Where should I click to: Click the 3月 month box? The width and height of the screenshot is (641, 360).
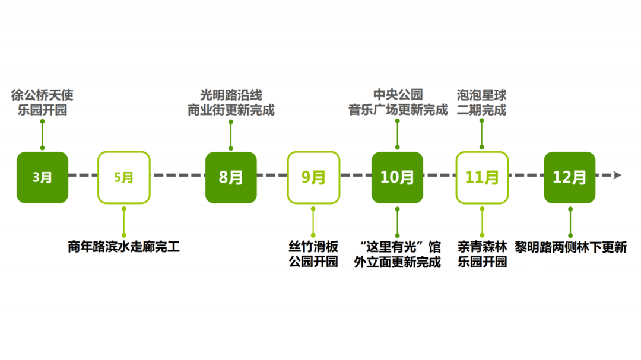42,177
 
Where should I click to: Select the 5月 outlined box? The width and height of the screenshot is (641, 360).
124,177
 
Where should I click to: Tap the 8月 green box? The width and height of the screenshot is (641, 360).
231,177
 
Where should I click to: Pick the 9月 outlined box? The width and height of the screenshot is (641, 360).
313,177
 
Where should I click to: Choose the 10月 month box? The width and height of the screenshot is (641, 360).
397,177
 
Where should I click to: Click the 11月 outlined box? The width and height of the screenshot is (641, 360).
482,177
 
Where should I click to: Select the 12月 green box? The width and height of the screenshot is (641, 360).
570,177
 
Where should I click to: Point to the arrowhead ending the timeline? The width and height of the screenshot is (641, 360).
617,175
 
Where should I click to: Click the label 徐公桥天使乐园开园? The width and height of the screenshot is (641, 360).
42,103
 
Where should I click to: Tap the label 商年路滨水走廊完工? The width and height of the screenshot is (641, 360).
124,247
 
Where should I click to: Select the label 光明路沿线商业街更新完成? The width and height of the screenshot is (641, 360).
231,103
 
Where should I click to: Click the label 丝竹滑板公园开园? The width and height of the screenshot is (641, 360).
313,254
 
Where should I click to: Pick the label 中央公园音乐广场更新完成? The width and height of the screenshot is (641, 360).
397,103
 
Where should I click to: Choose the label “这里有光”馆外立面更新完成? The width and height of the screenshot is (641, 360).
397,254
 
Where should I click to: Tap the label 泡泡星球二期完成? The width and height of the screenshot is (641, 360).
482,103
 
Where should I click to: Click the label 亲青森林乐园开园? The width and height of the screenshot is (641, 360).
482,254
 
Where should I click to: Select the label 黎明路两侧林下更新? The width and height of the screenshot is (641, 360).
570,247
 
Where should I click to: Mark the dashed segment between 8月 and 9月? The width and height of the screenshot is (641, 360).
272,176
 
